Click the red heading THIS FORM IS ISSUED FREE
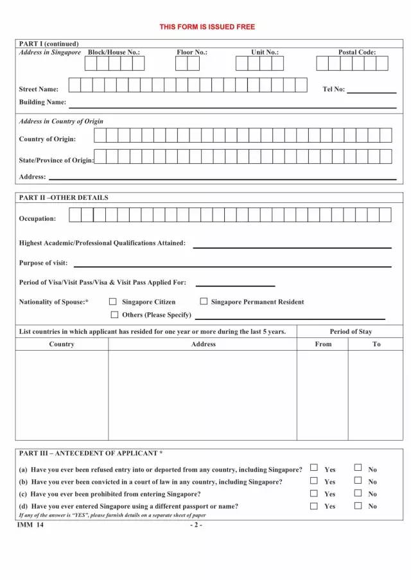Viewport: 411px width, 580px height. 207,27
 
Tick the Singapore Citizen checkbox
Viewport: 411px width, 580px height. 113,301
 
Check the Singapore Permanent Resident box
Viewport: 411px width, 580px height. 204,301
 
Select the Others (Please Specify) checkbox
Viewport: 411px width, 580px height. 115,315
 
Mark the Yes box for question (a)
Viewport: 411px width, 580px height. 314,468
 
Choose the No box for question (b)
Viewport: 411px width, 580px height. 358,480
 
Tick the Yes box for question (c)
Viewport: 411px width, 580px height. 314,493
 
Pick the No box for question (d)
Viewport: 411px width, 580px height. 358,505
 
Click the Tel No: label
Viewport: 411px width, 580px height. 333,89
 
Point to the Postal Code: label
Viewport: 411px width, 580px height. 357,53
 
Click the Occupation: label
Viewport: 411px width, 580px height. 37,218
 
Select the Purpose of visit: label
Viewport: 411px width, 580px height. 43,263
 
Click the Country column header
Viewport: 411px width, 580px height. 62,344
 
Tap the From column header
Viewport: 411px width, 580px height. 323,344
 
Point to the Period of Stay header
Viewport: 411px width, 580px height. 351,331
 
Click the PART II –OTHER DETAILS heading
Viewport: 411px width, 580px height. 64,198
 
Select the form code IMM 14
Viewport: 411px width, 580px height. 31,525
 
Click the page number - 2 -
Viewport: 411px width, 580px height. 197,525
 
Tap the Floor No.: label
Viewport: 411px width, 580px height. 192,53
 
